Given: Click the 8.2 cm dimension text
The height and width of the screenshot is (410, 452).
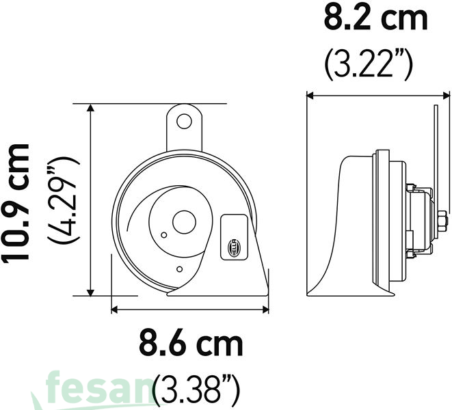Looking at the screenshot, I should point(375,18).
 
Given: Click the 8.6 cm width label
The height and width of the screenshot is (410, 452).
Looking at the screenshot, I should point(191,344).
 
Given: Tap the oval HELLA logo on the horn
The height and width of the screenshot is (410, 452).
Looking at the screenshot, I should point(232,248).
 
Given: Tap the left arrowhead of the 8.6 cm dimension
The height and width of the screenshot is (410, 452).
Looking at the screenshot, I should point(115,308).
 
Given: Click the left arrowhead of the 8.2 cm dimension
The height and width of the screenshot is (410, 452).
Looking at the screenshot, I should point(310,96).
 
